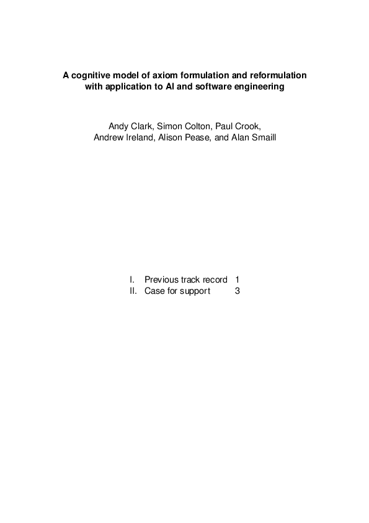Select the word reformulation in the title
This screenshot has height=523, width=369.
point(277,76)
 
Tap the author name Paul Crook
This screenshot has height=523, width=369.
point(238,126)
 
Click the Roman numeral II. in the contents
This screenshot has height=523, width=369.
point(133,291)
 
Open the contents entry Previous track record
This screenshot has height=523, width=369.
point(185,280)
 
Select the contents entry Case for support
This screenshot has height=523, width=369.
point(177,291)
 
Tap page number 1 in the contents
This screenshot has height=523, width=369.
point(238,280)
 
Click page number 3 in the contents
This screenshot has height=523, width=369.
point(238,291)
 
